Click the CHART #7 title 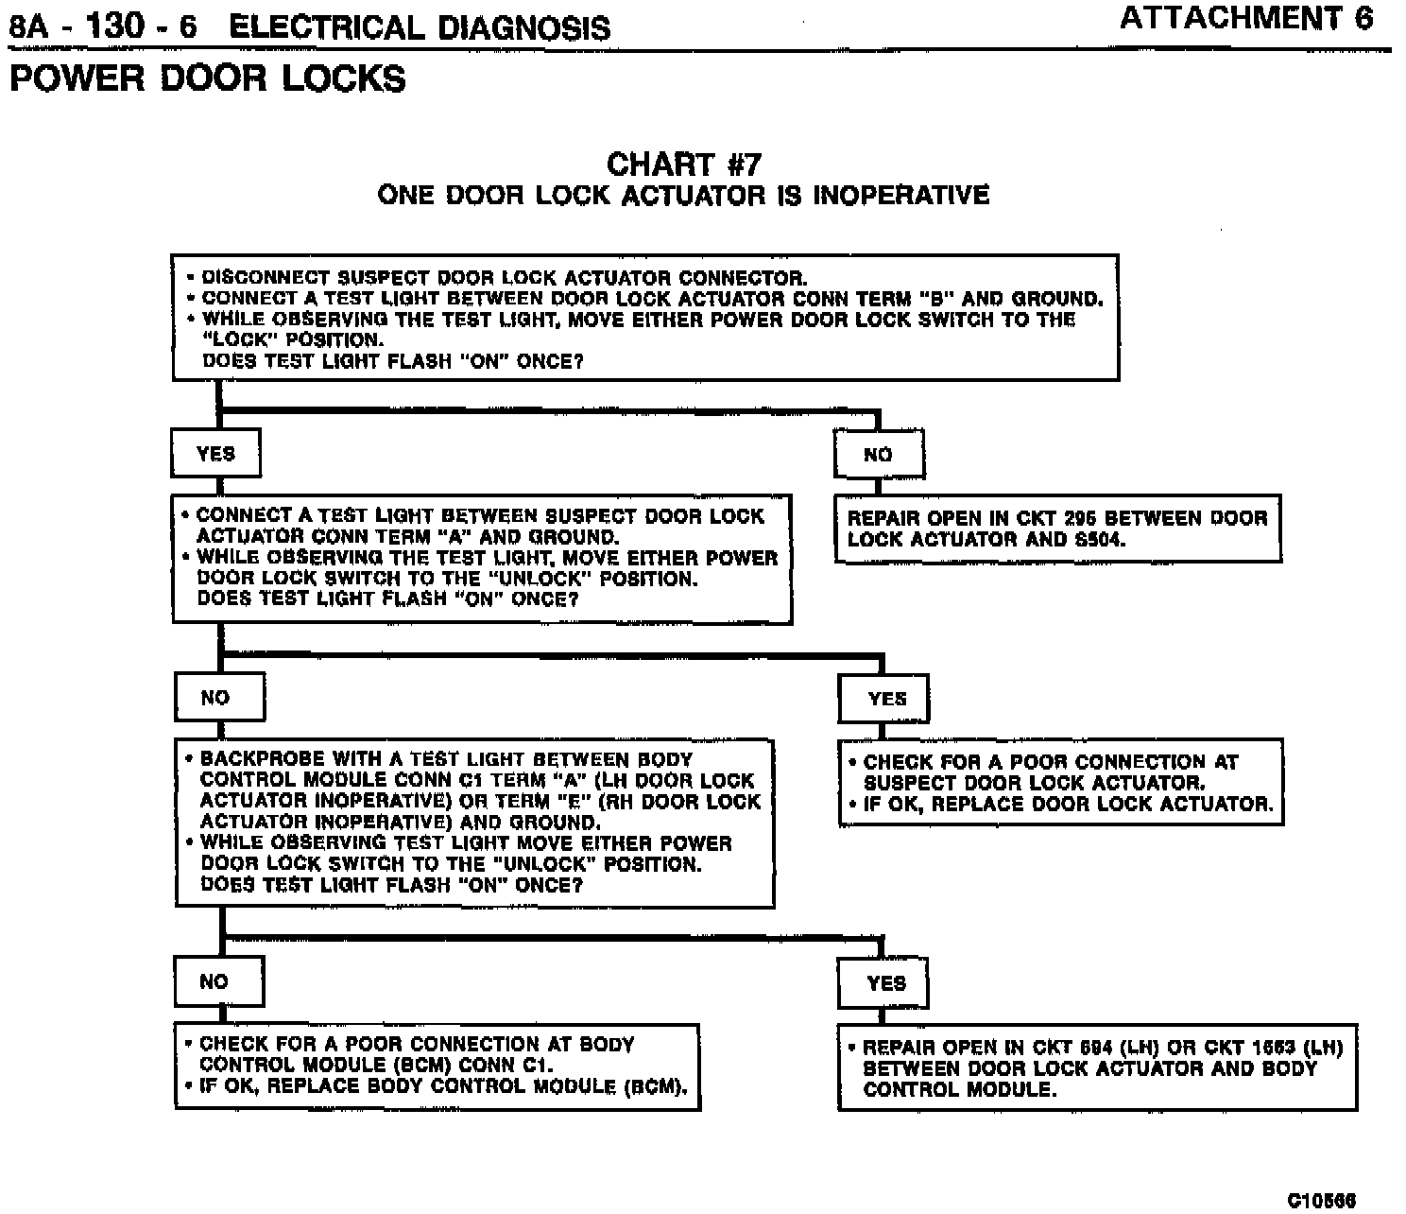point(683,165)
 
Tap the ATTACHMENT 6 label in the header point(1246,19)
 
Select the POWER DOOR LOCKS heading point(208,78)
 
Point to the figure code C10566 point(1321,1200)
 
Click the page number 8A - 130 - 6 point(103,26)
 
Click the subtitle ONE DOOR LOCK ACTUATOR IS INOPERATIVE point(683,196)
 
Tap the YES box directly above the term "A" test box point(215,454)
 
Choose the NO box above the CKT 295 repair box point(878,455)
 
